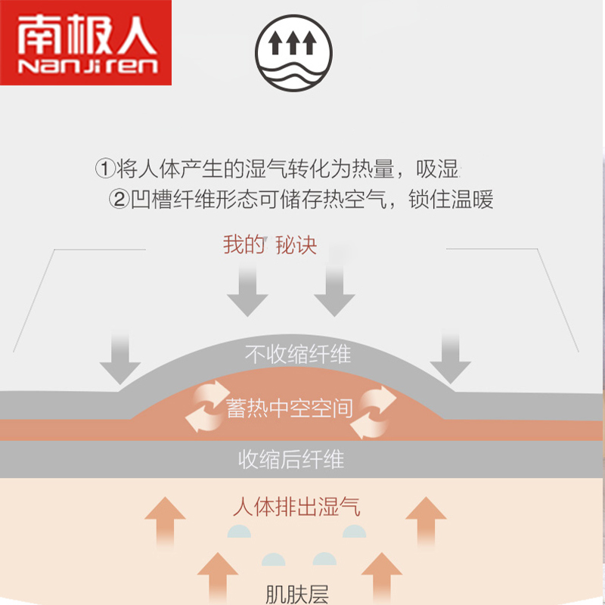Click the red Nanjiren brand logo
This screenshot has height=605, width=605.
tap(85, 43)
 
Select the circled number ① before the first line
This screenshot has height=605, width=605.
tap(106, 167)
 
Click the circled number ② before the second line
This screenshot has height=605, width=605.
tap(119, 200)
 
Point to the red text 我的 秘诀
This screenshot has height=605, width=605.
tap(270, 245)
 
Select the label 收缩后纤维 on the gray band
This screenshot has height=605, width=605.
tap(291, 459)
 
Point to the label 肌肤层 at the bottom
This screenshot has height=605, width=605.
tap(297, 594)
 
